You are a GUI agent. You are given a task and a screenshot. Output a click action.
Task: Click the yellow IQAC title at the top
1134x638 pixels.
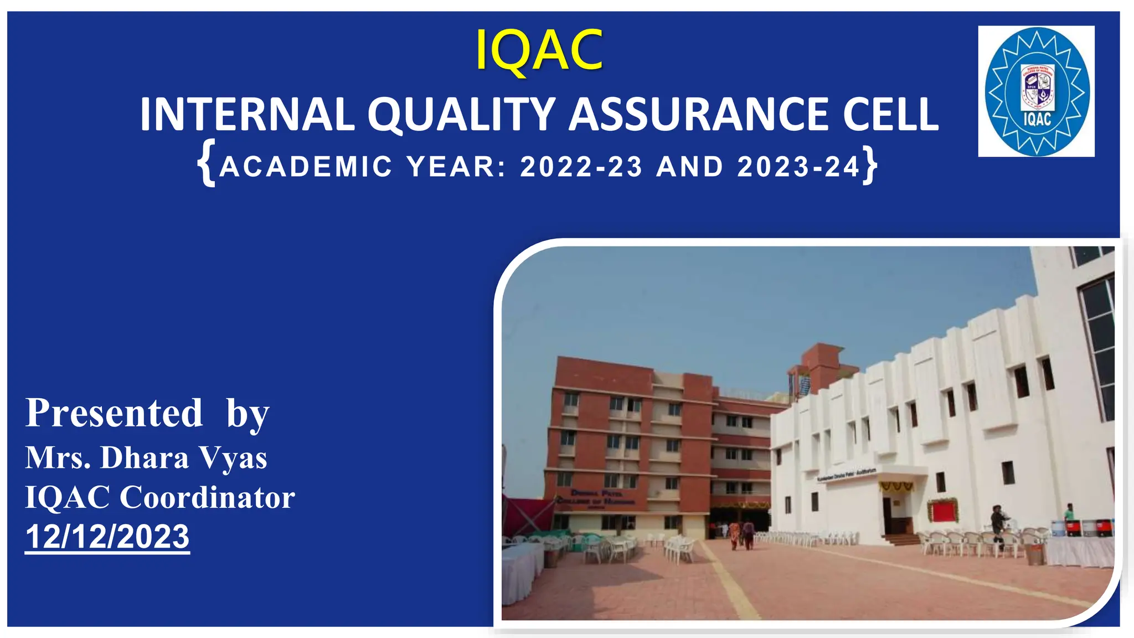[x=539, y=51]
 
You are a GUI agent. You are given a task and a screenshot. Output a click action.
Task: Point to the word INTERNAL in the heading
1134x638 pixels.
[x=246, y=115]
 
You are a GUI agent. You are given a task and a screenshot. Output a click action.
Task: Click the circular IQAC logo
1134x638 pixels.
[x=1037, y=91]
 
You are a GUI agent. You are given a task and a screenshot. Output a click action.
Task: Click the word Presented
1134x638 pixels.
[x=114, y=413]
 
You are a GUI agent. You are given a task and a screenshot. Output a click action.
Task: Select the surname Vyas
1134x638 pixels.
[x=233, y=459]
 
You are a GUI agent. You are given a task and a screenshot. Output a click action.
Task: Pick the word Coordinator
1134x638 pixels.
[x=207, y=497]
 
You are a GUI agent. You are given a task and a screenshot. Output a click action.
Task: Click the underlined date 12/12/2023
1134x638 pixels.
[x=107, y=537]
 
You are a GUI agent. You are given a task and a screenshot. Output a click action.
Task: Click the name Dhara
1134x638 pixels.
[x=145, y=459]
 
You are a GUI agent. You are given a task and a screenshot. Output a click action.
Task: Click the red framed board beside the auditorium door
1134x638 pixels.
[x=942, y=511]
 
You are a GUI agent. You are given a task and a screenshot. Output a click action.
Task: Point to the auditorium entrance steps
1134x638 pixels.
[x=900, y=538]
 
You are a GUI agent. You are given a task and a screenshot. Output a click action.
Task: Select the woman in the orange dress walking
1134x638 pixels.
[x=734, y=535]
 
